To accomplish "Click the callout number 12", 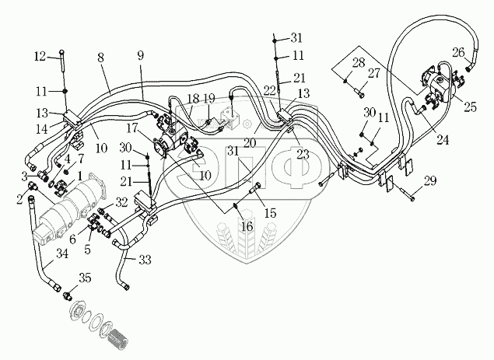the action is pyautogui.click(x=40, y=57).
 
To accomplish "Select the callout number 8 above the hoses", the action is pyautogui.click(x=100, y=58).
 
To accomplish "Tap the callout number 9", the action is pyautogui.click(x=141, y=55).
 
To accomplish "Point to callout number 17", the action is pyautogui.click(x=132, y=128).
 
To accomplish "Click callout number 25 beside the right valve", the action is pyautogui.click(x=470, y=107).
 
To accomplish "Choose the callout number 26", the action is pyautogui.click(x=459, y=52).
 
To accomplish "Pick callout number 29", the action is pyautogui.click(x=430, y=181).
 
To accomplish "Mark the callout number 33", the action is pyautogui.click(x=145, y=260).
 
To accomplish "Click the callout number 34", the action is pyautogui.click(x=61, y=253).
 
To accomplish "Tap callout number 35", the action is pyautogui.click(x=85, y=278).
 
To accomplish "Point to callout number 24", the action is pyautogui.click(x=443, y=139).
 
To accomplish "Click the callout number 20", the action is pyautogui.click(x=250, y=143).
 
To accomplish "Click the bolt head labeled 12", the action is pyautogui.click(x=61, y=51).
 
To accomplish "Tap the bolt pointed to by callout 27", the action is pyautogui.click(x=359, y=93).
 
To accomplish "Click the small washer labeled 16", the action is pyautogui.click(x=236, y=206).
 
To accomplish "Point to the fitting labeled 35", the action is pyautogui.click(x=67, y=295).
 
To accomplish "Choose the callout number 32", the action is pyautogui.click(x=121, y=202).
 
